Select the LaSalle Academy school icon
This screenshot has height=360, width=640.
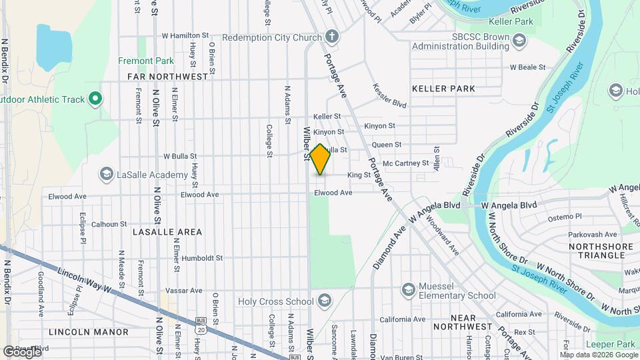[x=106, y=175]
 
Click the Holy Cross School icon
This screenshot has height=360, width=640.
[x=325, y=299]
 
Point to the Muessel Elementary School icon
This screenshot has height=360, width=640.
[x=408, y=290]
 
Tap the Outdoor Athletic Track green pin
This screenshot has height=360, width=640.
[x=95, y=100]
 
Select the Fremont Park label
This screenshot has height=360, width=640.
[x=146, y=61]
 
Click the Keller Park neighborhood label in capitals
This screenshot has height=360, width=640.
[x=443, y=89]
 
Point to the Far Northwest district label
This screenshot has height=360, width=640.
[x=168, y=77]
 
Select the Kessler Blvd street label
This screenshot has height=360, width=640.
[x=389, y=95]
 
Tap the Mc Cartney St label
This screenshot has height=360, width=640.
[x=406, y=163]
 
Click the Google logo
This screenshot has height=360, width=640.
[x=22, y=351]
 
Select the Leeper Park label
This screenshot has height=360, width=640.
[x=610, y=344]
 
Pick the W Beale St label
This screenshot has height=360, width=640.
[x=527, y=67]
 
